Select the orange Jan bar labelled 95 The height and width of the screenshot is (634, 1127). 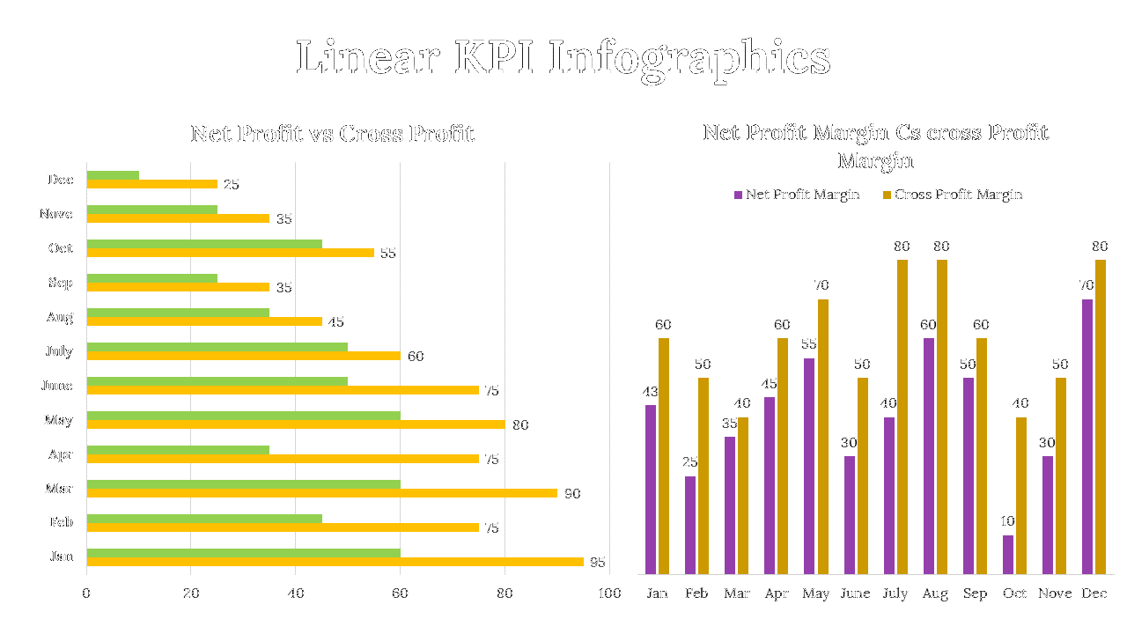pyautogui.click(x=335, y=562)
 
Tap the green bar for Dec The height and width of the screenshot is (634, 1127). pyautogui.click(x=113, y=175)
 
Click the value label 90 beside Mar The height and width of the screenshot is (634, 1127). pyautogui.click(x=572, y=494)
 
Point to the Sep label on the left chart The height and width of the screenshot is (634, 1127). pyautogui.click(x=61, y=283)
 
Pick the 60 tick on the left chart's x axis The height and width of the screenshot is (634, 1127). pyautogui.click(x=401, y=593)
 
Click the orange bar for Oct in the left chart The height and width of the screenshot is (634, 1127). pyautogui.click(x=231, y=253)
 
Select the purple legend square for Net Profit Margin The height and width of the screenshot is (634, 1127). pyautogui.click(x=739, y=195)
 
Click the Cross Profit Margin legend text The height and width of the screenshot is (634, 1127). pyautogui.click(x=958, y=195)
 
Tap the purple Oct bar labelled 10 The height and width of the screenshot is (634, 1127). pyautogui.click(x=1008, y=555)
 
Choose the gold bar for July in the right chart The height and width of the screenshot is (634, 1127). pyautogui.click(x=902, y=417)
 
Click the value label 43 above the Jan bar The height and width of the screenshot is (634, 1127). pyautogui.click(x=651, y=391)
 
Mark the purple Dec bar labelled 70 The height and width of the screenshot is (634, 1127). pyautogui.click(x=1087, y=437)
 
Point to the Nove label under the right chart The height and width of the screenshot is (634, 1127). pyautogui.click(x=1055, y=593)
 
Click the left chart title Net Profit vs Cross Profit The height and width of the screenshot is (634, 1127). pyautogui.click(x=332, y=134)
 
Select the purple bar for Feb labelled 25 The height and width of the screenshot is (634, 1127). pyautogui.click(x=690, y=525)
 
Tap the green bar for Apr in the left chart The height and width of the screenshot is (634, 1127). pyautogui.click(x=178, y=450)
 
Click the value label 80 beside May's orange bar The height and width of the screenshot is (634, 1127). pyautogui.click(x=520, y=425)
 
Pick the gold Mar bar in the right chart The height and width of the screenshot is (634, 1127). pyautogui.click(x=743, y=496)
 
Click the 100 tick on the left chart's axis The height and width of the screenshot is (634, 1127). pyautogui.click(x=609, y=593)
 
